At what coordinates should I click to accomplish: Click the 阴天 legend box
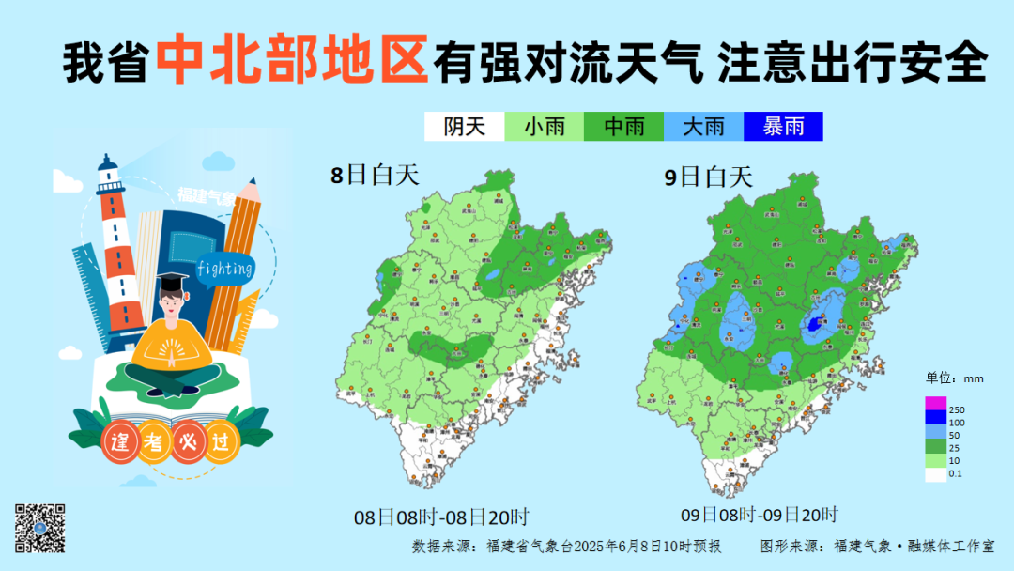[464, 127]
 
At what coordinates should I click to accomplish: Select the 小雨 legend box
[544, 127]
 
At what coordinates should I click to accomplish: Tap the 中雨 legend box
[623, 127]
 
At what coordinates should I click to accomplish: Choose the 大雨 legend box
[703, 127]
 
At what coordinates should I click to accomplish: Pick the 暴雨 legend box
[783, 127]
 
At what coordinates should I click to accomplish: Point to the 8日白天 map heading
[375, 174]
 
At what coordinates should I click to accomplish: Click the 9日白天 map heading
[709, 176]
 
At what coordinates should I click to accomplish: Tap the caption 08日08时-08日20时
[441, 517]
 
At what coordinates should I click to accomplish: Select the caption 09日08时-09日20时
[759, 514]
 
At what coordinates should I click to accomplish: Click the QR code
[39, 528]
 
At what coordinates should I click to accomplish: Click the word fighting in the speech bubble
[225, 270]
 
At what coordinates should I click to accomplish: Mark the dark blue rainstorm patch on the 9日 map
[814, 324]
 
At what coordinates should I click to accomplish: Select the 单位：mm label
[954, 378]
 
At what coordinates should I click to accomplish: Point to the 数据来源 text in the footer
[443, 546]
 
